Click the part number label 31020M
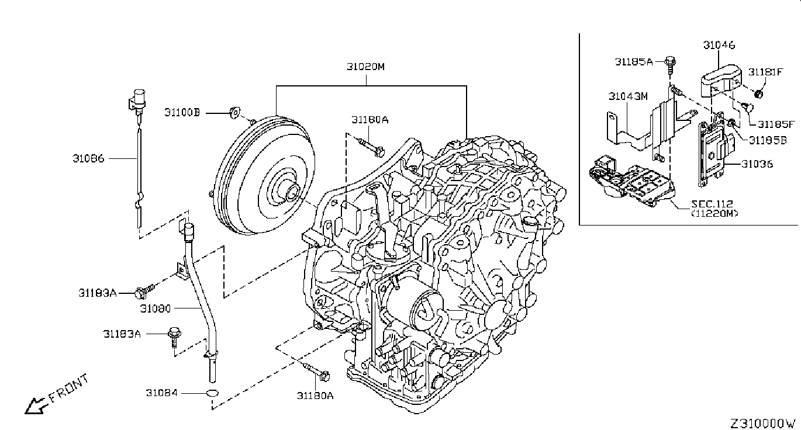(365, 67)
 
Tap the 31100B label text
(182, 113)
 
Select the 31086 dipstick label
(88, 158)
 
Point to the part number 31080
(155, 308)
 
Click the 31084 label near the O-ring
(161, 393)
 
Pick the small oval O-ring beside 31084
(212, 393)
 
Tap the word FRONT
(68, 388)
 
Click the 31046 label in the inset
(719, 45)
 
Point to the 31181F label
(765, 72)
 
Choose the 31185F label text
(776, 124)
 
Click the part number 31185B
(768, 140)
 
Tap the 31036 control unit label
(757, 164)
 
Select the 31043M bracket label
(628, 96)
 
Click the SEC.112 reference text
(712, 204)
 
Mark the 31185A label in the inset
(634, 62)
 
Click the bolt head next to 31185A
(670, 61)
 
